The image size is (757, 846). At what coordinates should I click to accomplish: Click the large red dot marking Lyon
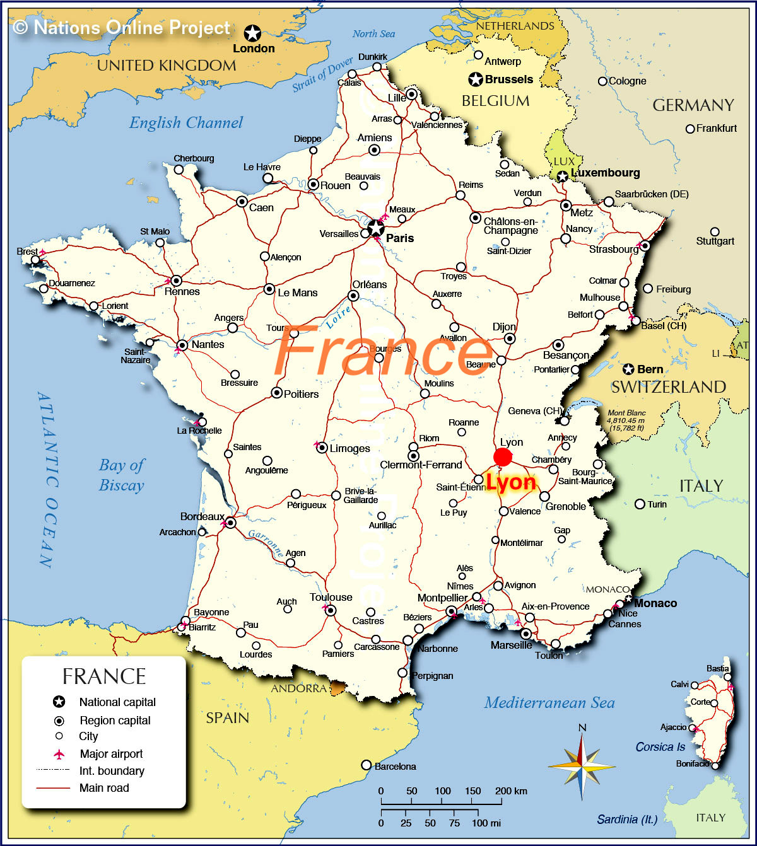[503, 458]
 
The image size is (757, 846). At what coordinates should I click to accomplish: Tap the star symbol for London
[252, 33]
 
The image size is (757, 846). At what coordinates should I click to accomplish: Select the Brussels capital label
[508, 79]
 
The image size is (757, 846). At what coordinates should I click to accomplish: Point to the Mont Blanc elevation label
[626, 420]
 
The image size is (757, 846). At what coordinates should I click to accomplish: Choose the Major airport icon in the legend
[59, 754]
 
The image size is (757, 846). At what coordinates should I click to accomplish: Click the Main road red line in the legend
[53, 788]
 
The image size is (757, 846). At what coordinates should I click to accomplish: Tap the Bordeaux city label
[202, 517]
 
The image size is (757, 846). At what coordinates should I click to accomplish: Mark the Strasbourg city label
[613, 249]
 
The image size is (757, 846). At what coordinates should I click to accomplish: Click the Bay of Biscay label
[121, 475]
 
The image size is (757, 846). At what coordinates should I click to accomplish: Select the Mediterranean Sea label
[549, 703]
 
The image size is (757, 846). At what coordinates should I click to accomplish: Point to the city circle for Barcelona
[367, 765]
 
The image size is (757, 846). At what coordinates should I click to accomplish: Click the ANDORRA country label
[299, 688]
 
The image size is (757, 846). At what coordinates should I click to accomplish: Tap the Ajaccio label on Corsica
[673, 727]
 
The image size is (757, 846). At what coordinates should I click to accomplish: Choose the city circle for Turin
[640, 504]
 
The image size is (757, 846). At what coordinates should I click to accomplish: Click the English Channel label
[186, 123]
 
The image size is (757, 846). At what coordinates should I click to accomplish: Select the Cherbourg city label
[194, 158]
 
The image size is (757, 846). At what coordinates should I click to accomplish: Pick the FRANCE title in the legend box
[104, 676]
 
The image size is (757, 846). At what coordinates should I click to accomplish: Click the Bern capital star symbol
[628, 369]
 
